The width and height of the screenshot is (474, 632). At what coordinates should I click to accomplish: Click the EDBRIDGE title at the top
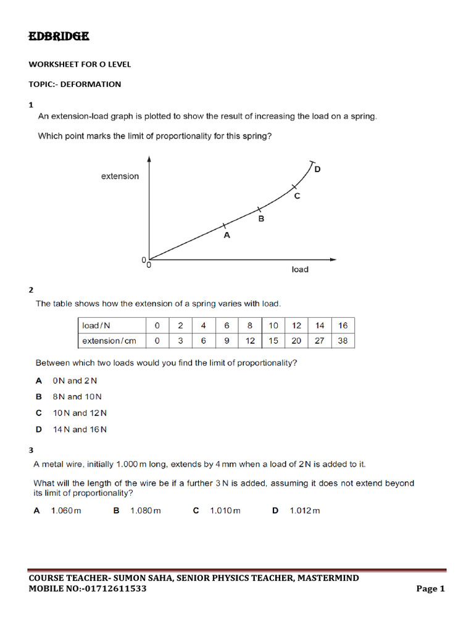coord(59,37)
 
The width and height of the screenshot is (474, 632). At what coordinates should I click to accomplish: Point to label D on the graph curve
coord(318,169)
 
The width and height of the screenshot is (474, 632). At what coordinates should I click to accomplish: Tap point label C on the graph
coord(297,196)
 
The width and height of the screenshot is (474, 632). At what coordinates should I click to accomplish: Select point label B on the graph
coord(261,218)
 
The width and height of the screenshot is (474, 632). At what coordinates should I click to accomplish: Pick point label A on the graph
coord(227,235)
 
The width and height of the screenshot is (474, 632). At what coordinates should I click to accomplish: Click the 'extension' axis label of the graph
coord(120,177)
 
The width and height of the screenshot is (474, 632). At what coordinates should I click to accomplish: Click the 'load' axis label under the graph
coord(300,270)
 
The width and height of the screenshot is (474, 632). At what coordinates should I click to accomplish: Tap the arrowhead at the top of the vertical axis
coord(149,159)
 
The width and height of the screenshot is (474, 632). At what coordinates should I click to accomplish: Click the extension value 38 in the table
coord(343,341)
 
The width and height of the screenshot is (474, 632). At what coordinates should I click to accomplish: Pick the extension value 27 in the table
coord(320,341)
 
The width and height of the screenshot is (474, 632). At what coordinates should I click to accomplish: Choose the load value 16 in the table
coord(343,325)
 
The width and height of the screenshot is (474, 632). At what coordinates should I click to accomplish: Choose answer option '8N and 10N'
coord(77,397)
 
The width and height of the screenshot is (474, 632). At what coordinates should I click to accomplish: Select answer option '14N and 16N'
coord(80,430)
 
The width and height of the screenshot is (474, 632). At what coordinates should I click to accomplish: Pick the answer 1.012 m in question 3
coord(305,510)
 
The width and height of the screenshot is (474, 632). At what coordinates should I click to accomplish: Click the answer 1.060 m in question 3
coord(66,510)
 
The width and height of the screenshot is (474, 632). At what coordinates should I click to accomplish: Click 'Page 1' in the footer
coord(430,589)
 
